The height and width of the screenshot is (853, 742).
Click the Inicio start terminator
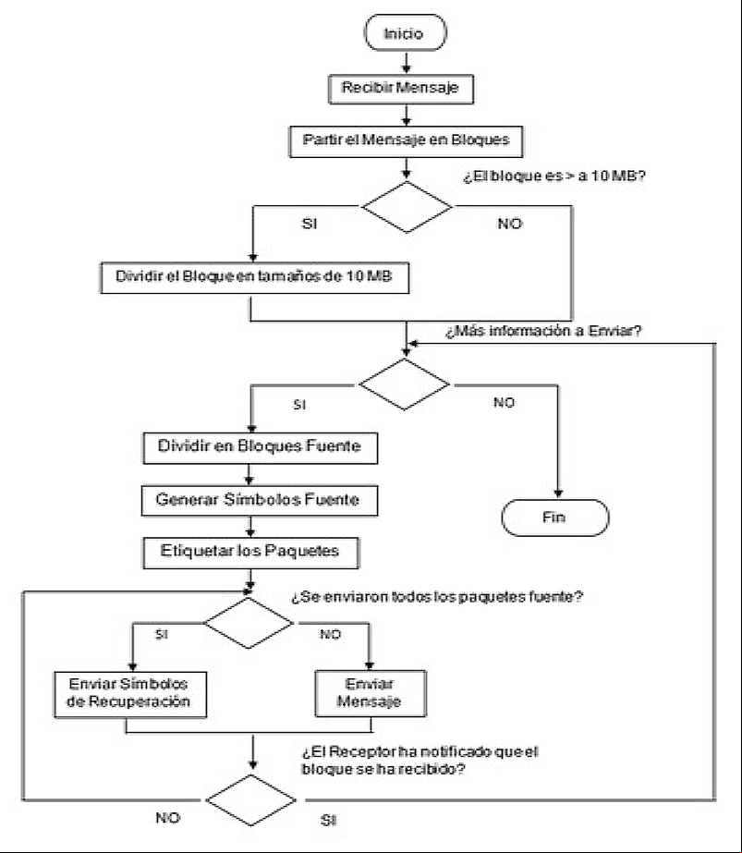(406, 32)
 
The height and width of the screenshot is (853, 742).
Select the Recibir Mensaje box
(401, 89)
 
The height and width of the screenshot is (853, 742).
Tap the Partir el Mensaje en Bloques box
(406, 141)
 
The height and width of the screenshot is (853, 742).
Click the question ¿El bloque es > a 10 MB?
(553, 176)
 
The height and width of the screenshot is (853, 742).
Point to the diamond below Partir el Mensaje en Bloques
(407, 207)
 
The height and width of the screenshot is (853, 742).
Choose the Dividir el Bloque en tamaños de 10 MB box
(255, 278)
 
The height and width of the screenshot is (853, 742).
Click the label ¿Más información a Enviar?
(543, 331)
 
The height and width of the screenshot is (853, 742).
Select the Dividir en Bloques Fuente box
(260, 447)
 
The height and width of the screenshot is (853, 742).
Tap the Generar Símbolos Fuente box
(260, 501)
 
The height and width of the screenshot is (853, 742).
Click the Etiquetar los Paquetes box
(250, 553)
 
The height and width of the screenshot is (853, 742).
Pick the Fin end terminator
(554, 518)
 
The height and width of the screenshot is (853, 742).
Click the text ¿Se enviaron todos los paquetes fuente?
(437, 597)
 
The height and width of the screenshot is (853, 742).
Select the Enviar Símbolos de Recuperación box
(130, 694)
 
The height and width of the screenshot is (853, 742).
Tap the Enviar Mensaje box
(371, 693)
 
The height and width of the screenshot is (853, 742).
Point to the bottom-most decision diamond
(250, 799)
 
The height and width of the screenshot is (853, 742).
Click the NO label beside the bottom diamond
(167, 818)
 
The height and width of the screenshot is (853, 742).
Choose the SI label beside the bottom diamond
(329, 820)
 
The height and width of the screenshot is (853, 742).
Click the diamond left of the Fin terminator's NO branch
(404, 384)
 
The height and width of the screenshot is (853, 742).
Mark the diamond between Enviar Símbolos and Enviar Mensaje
(249, 623)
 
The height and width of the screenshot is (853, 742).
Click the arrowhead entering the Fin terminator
(558, 494)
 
